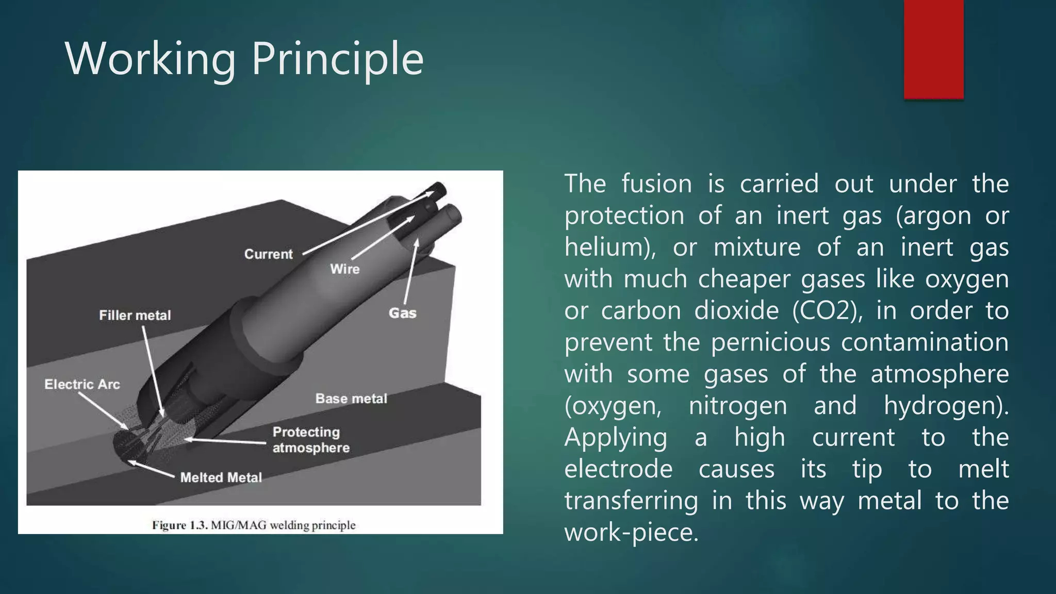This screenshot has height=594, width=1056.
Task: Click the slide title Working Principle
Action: [x=244, y=59]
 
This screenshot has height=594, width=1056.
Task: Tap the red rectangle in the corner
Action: [x=933, y=49]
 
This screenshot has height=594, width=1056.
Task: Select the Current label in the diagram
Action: [x=268, y=254]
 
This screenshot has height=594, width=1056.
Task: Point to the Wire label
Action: [x=345, y=269]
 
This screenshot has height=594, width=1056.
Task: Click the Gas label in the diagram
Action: [x=402, y=313]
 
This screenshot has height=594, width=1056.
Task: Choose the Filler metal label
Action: [x=135, y=315]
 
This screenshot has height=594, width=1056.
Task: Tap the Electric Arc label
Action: [x=82, y=384]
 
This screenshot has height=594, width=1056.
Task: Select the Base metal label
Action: [x=351, y=399]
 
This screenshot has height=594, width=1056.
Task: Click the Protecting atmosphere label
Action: [x=311, y=440]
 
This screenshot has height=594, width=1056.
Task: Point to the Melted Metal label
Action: [x=221, y=477]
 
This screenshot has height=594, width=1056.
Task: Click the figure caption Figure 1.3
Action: [x=254, y=525]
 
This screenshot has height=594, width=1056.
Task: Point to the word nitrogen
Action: [x=738, y=406]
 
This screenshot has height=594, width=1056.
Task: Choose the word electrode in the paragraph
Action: [x=618, y=469]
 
